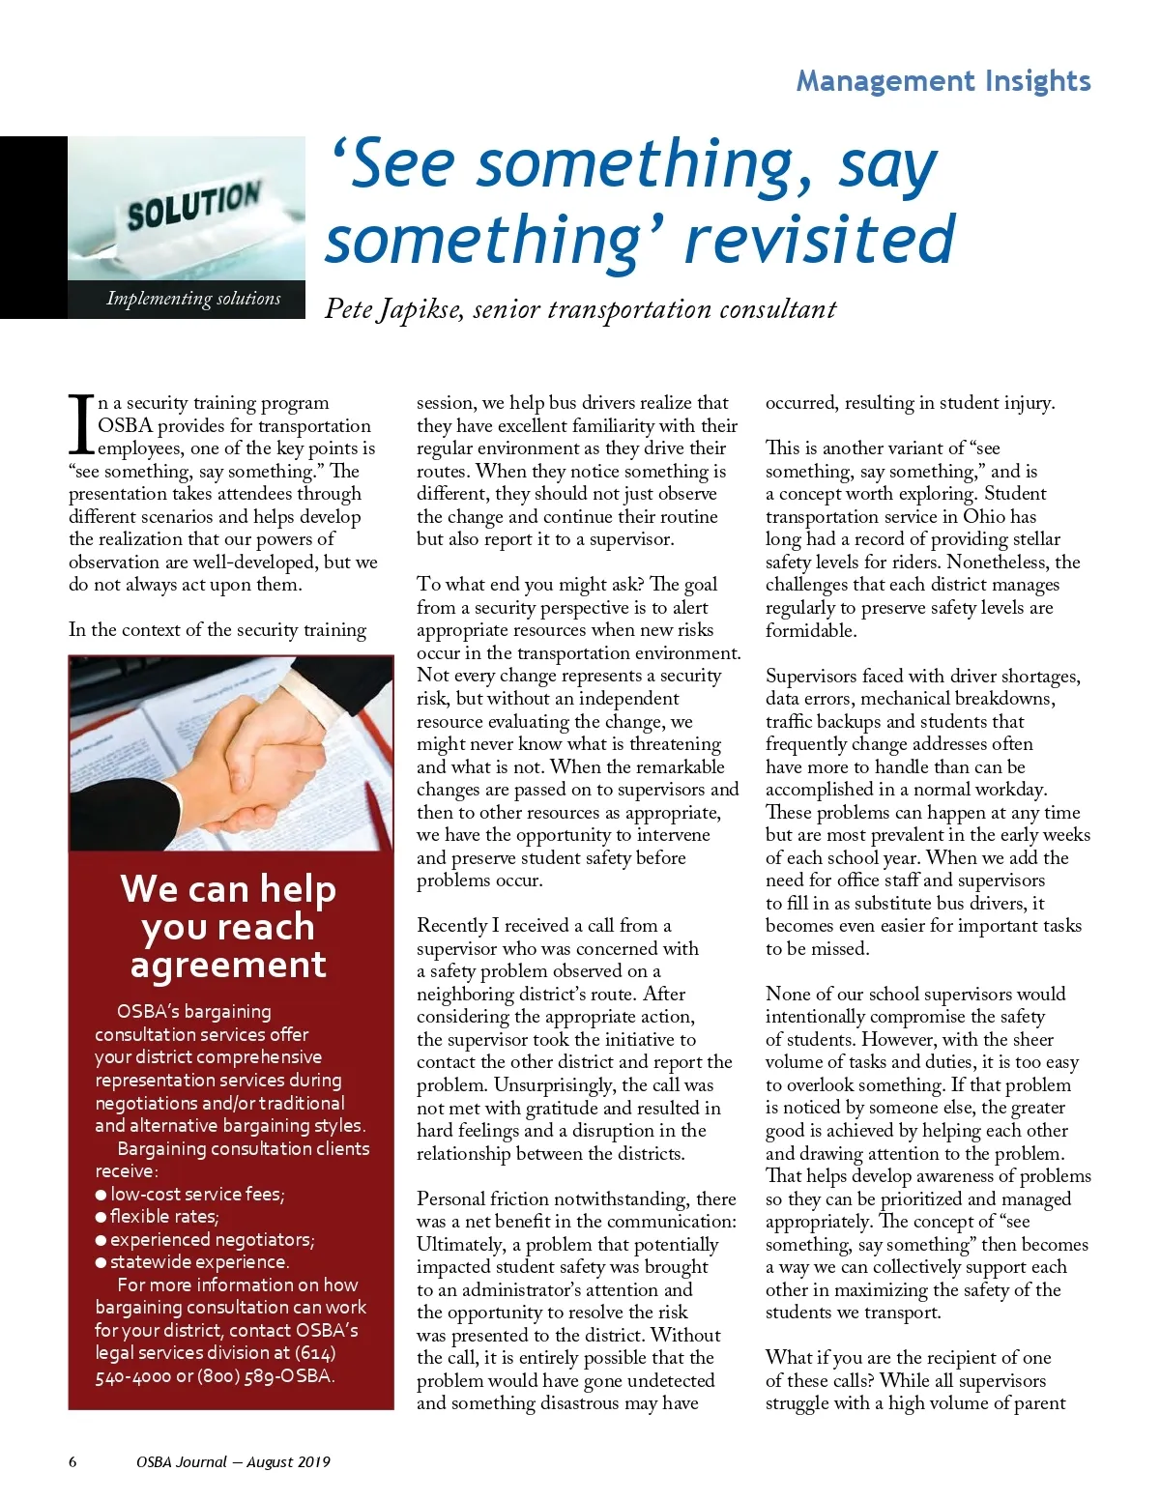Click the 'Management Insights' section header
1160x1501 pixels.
point(942,81)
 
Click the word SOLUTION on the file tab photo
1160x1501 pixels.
point(193,206)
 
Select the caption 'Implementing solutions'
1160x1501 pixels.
point(193,299)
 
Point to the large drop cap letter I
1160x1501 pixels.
point(81,424)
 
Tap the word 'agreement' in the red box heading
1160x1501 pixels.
point(228,965)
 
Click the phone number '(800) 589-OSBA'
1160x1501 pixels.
point(266,1375)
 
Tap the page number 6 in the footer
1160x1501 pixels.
point(72,1462)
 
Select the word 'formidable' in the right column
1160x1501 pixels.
point(809,630)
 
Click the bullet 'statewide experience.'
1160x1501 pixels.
point(198,1262)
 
